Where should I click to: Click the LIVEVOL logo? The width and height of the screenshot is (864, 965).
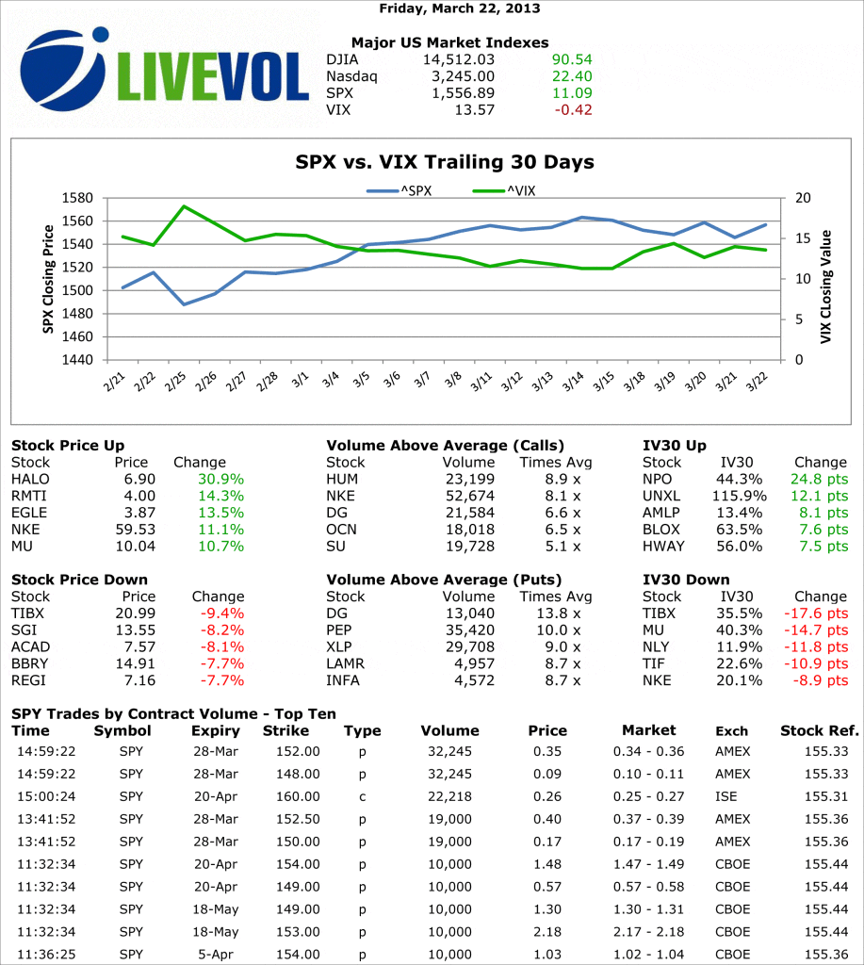(165, 72)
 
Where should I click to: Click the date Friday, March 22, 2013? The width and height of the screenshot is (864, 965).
(460, 8)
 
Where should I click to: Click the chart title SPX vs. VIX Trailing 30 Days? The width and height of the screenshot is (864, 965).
(444, 162)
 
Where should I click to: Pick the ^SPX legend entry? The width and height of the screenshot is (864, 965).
(400, 190)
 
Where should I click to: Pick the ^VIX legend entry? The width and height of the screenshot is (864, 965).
(505, 190)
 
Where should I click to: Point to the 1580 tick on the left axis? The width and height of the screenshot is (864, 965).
(79, 198)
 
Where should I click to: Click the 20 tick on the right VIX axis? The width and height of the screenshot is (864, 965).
(802, 198)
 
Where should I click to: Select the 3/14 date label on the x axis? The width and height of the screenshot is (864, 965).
(573, 382)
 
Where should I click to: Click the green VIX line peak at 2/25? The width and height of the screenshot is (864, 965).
(184, 206)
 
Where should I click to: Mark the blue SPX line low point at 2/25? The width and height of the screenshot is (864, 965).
(184, 304)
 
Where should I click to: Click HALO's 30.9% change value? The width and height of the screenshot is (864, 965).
(221, 479)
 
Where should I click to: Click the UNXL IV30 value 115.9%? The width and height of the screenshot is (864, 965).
(736, 496)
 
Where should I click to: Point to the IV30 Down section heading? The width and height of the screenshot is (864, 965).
(687, 580)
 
